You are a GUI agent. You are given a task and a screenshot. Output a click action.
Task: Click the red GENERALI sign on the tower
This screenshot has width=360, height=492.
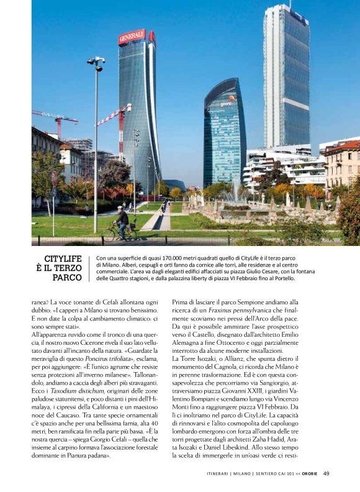131,36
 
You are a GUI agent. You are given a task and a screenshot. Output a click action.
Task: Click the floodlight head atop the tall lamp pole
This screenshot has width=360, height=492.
96,61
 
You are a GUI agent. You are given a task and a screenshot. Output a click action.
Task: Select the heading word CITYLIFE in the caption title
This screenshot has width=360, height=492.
63,258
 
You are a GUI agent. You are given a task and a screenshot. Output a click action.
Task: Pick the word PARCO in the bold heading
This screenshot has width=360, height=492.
67,278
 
